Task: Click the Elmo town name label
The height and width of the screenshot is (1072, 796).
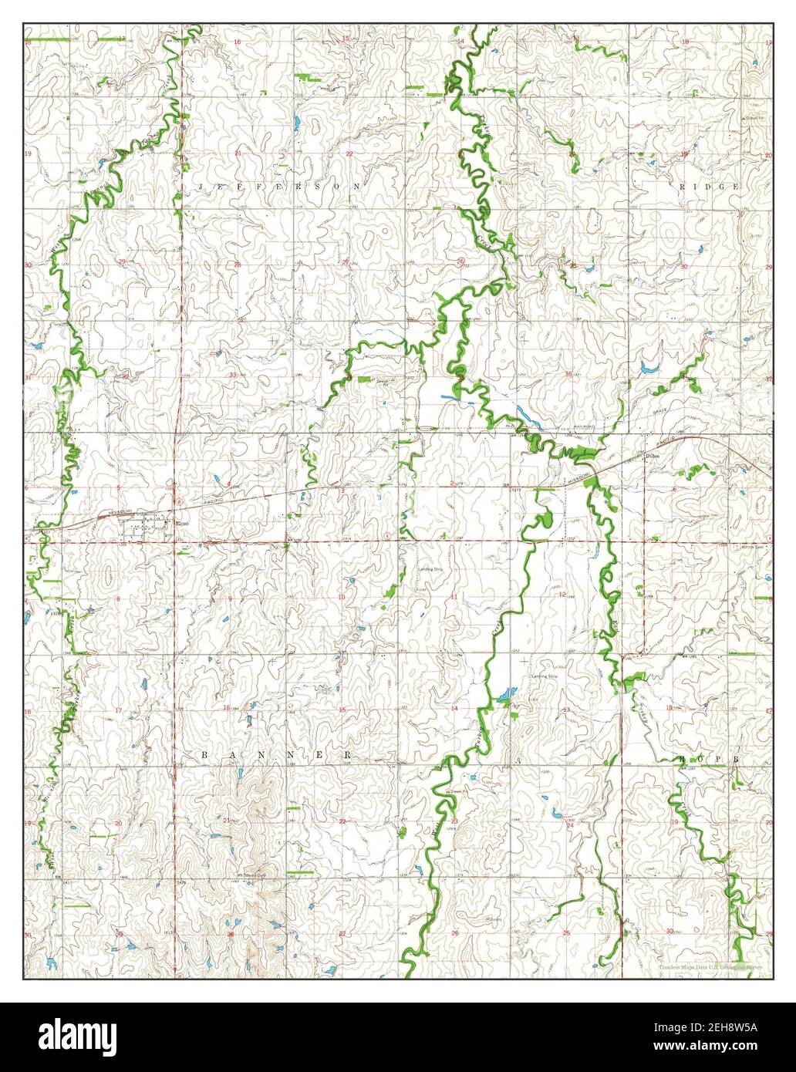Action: coord(182,525)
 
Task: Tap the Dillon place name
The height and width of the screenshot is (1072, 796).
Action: coord(653,457)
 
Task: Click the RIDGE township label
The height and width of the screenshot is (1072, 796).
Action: coord(710,187)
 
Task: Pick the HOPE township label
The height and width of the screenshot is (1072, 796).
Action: coord(710,759)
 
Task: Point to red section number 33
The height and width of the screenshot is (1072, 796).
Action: coord(232,375)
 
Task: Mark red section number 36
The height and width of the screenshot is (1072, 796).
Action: coord(568,374)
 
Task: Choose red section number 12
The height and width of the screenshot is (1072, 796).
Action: coord(563,594)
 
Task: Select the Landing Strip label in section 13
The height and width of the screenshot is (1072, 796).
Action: coord(544,676)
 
